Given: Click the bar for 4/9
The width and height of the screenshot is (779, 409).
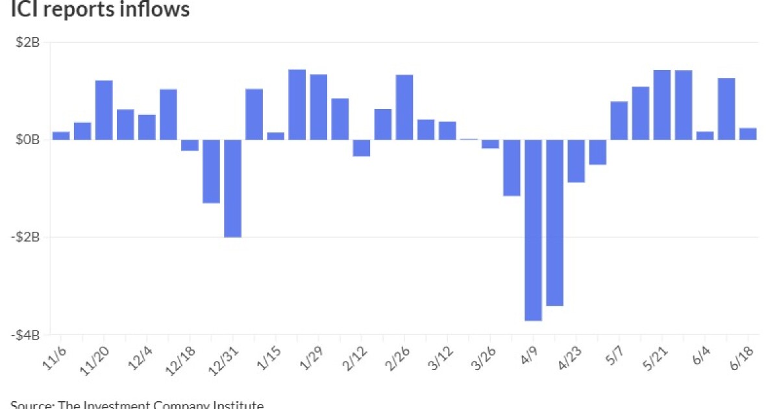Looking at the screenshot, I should pyautogui.click(x=533, y=230).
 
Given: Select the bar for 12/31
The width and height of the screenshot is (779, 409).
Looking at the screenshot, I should pyautogui.click(x=233, y=188).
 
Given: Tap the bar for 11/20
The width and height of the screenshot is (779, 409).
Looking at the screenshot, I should pyautogui.click(x=104, y=110).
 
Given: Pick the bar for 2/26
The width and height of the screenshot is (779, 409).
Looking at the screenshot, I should pyautogui.click(x=404, y=107).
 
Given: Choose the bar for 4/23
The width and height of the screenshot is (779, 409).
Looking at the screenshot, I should pyautogui.click(x=576, y=161).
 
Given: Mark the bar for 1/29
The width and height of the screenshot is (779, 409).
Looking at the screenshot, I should pyautogui.click(x=319, y=107).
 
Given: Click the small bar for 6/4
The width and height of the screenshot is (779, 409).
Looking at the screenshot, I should pyautogui.click(x=705, y=136).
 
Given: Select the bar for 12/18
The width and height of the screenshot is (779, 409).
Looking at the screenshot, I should pyautogui.click(x=190, y=145).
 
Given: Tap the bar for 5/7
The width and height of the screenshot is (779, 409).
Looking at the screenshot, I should pyautogui.click(x=619, y=121).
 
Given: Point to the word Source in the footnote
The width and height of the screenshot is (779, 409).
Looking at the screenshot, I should pyautogui.click(x=31, y=405).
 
